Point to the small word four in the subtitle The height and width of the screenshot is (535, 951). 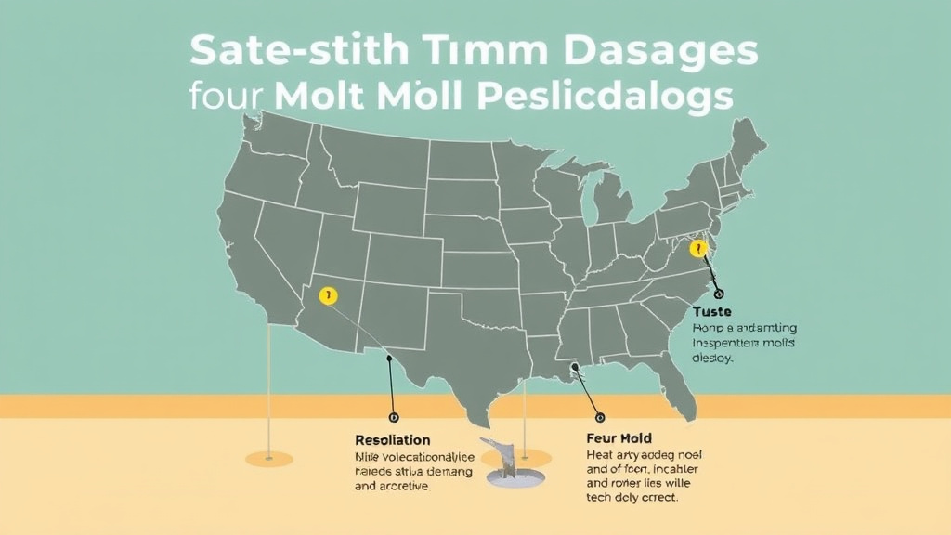[225, 98]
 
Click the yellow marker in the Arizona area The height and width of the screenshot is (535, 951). [327, 296]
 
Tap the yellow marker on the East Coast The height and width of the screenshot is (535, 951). [698, 248]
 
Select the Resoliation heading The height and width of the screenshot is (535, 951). [392, 438]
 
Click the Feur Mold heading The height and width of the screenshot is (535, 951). [619, 437]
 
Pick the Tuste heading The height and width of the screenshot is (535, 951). [713, 311]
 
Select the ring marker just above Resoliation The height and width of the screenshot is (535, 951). [393, 418]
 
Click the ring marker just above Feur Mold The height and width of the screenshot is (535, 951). [598, 417]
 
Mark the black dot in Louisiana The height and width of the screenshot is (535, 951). [576, 368]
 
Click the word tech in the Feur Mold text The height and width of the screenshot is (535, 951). [601, 498]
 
